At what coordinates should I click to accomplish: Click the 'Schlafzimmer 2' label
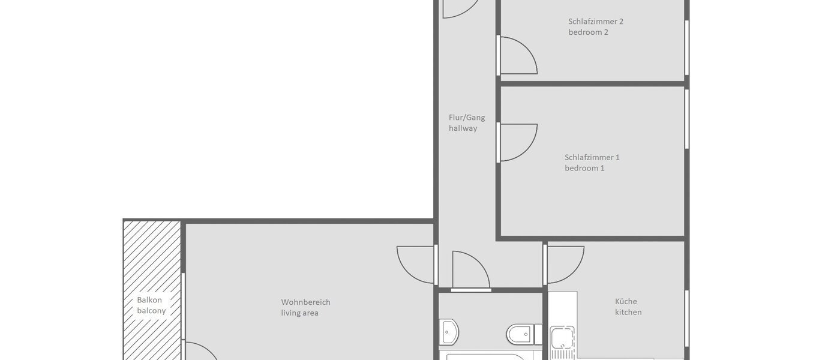point(596,22)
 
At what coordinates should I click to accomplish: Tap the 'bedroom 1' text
point(584,169)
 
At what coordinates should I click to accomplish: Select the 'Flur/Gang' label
point(467,118)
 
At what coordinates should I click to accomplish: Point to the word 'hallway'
point(463,128)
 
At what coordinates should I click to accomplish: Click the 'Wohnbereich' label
point(305,302)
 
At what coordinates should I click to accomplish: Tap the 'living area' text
point(299,313)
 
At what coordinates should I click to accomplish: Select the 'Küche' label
point(626,302)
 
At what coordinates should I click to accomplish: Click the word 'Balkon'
point(149,300)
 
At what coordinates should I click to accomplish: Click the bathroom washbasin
point(449,332)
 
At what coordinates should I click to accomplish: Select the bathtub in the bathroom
point(486,356)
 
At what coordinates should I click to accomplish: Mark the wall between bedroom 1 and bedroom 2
point(592,84)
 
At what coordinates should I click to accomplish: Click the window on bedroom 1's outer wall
point(687,119)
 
